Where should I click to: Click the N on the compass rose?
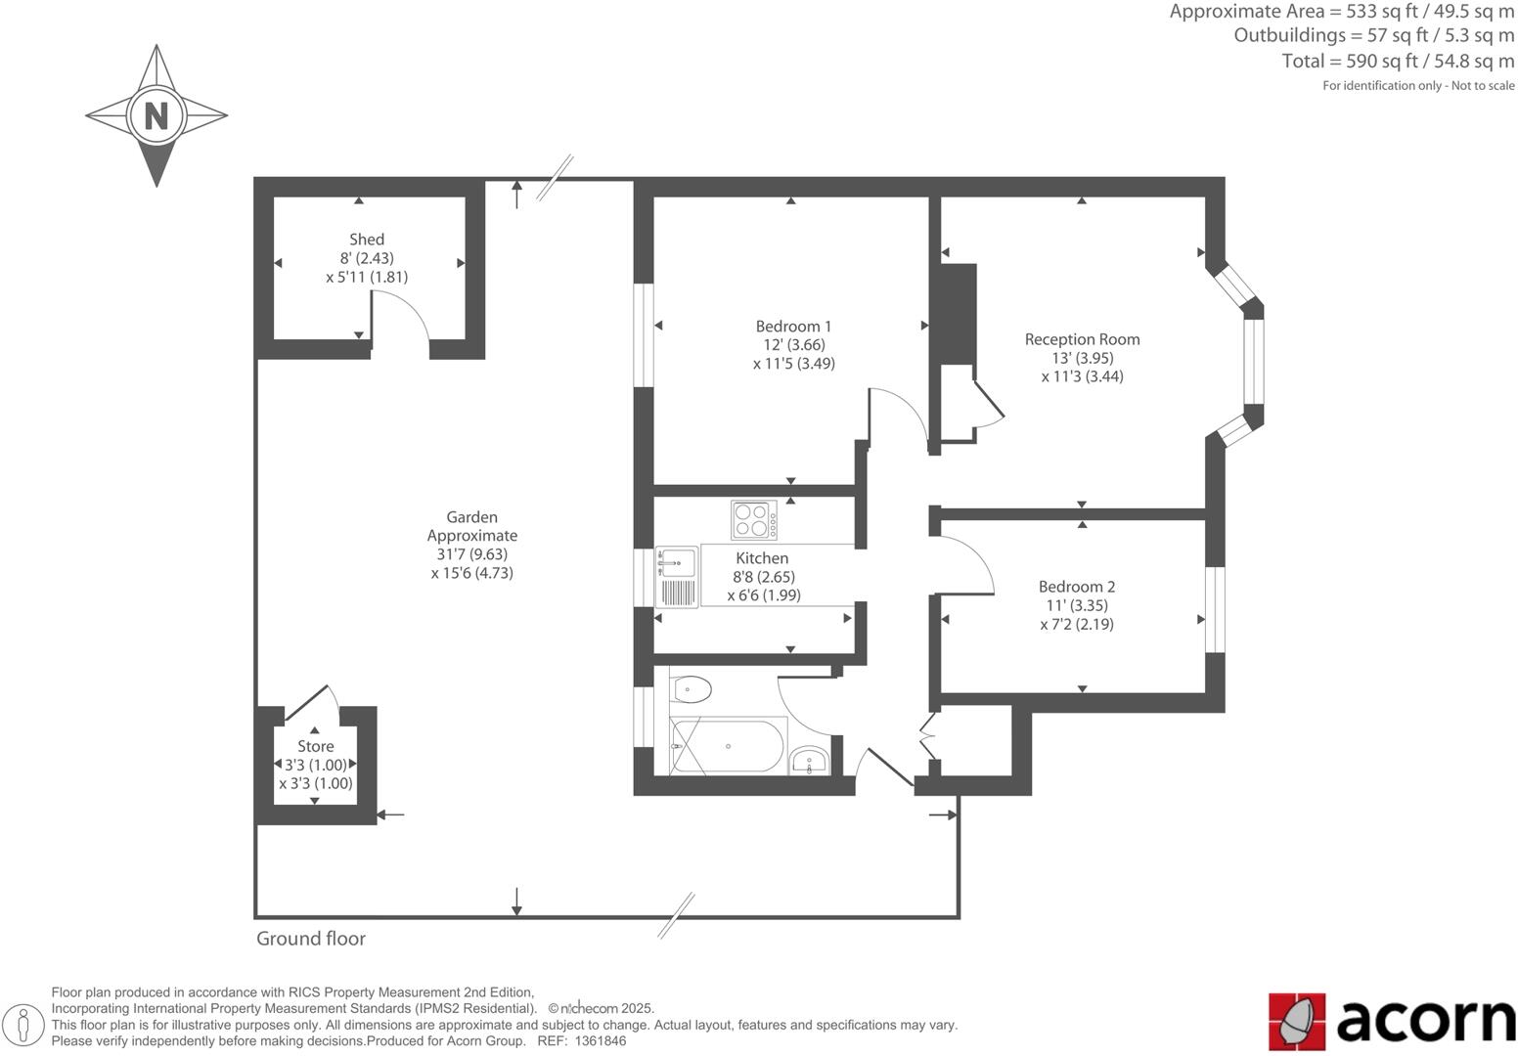(x=156, y=115)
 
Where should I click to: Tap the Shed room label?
(x=367, y=240)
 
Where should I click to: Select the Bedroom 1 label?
(x=793, y=327)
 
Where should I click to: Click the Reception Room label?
(x=1082, y=339)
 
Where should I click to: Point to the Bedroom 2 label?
(x=1076, y=587)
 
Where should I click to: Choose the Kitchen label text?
(x=762, y=558)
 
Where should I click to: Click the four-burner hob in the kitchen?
(x=754, y=520)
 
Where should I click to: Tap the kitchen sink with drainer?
(x=677, y=577)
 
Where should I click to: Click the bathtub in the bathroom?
(x=728, y=747)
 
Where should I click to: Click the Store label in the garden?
(x=315, y=746)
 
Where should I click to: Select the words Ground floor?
(x=311, y=939)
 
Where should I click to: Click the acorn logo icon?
(x=1297, y=1021)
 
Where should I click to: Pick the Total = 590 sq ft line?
(x=1398, y=61)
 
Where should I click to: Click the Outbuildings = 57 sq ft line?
(x=1373, y=35)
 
